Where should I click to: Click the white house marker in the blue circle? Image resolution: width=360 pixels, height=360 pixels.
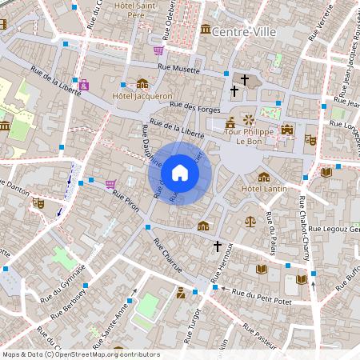pos(179,173)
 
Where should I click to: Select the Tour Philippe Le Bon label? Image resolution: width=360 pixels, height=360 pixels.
pos(257,136)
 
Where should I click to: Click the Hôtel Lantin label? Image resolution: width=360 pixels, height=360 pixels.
pos(264,189)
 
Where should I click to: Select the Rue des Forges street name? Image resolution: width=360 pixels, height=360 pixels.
pos(194,106)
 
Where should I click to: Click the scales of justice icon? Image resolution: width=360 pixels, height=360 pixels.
pos(251,218)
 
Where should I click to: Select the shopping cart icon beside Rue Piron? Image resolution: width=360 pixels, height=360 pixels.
pos(110,183)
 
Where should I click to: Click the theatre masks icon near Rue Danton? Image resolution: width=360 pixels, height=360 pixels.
pos(37,204)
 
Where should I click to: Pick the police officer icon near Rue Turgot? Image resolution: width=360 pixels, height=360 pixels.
pos(182,292)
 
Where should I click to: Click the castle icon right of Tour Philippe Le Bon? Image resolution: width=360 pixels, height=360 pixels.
pos(287,130)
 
